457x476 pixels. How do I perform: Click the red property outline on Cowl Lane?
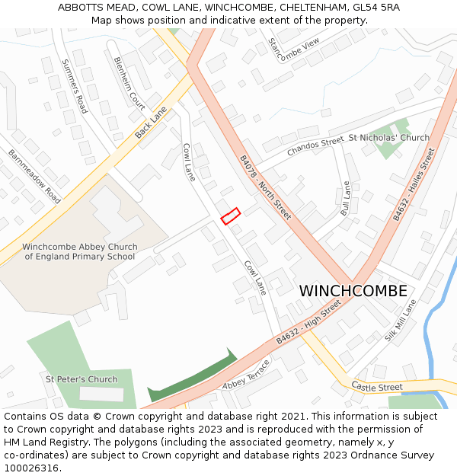[x=230, y=216]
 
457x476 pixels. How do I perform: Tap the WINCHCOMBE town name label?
[x=353, y=291]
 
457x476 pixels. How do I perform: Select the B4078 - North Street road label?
[x=265, y=187]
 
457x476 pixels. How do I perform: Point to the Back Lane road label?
[x=151, y=123]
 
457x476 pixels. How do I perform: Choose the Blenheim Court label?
[x=129, y=83]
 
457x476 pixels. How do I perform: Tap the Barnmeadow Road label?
[x=34, y=176]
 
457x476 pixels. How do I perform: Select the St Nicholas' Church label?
[x=388, y=138]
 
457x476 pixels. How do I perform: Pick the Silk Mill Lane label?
[x=401, y=320]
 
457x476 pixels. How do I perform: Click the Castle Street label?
[x=377, y=388]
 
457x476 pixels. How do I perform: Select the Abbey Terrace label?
[x=246, y=375]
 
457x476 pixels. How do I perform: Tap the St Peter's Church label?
[x=81, y=379]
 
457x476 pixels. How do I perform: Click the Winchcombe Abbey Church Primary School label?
[x=80, y=252]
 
